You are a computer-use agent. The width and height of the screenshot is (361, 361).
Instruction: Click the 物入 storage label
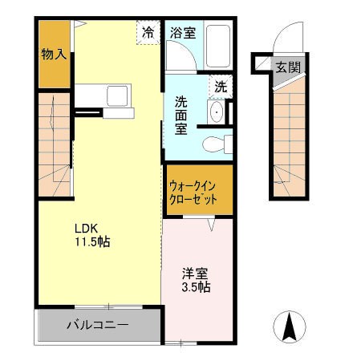54,55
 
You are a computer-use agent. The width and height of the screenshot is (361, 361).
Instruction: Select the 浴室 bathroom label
183,33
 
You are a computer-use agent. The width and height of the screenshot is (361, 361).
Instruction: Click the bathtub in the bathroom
218,47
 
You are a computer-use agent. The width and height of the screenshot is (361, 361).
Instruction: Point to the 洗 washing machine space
220,83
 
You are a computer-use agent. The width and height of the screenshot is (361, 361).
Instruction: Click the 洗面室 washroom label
182,115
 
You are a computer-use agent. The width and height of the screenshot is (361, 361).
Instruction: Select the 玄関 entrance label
288,67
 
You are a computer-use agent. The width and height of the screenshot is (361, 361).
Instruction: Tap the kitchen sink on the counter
117,98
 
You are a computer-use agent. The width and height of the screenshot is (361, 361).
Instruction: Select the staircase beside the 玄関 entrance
288,136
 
